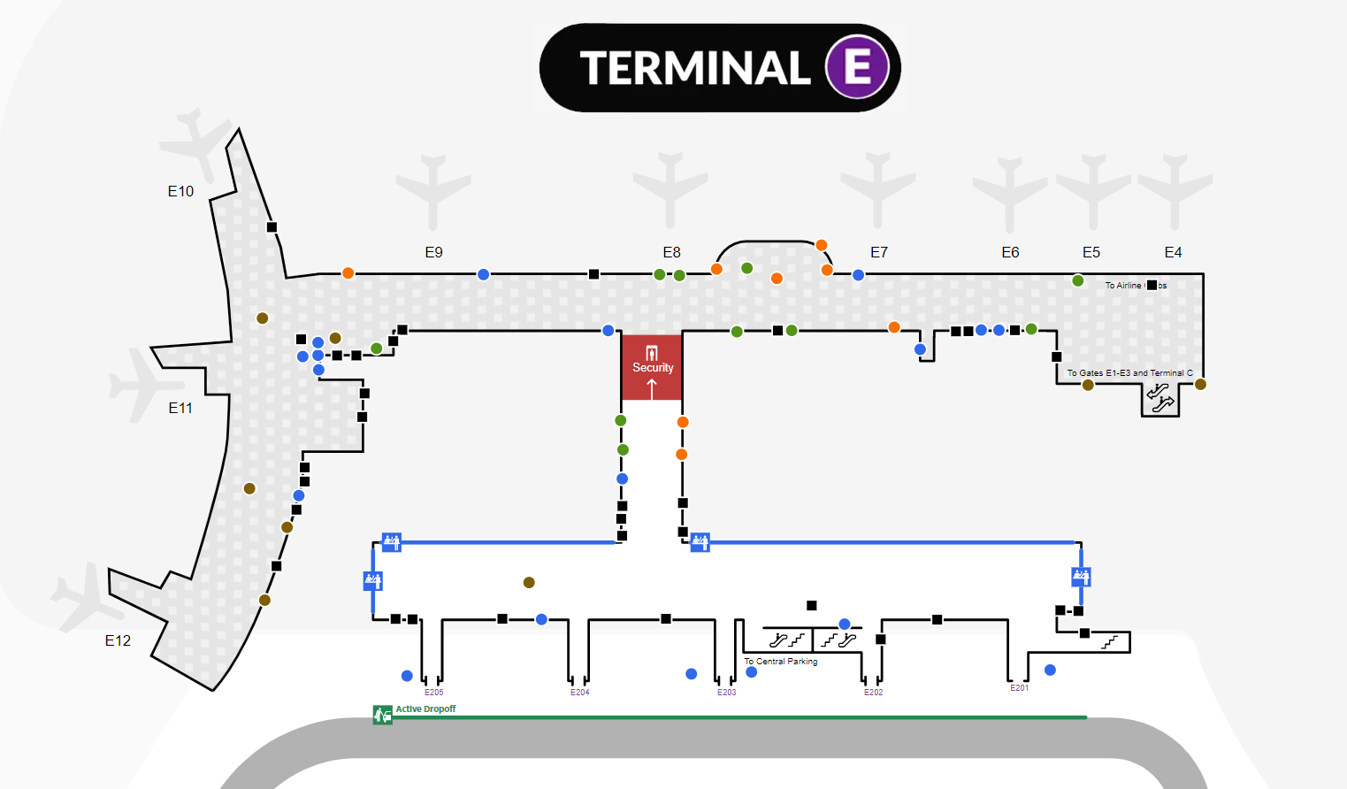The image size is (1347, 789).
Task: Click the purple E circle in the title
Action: click(856, 67)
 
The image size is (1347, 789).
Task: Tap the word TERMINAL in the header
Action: click(695, 68)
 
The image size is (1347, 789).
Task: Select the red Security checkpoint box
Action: click(652, 367)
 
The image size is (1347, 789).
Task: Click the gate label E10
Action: click(180, 191)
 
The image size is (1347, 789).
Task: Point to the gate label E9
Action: click(433, 252)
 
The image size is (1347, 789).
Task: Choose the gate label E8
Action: click(671, 252)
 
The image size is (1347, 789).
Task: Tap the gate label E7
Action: click(878, 252)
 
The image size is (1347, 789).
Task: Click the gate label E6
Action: click(1010, 252)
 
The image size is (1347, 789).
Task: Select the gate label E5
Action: click(1091, 252)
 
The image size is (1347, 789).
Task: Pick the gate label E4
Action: click(1173, 252)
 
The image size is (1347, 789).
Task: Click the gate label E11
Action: click(180, 408)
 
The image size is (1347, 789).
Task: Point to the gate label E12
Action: click(118, 640)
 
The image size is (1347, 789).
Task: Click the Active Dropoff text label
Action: click(425, 709)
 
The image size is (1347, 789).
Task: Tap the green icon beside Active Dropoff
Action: click(382, 714)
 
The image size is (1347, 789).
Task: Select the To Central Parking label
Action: click(780, 661)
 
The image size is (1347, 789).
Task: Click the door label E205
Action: click(433, 693)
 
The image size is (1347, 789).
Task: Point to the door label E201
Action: click(1019, 688)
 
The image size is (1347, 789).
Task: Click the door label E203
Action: click(726, 693)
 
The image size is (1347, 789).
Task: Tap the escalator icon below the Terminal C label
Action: click(1160, 398)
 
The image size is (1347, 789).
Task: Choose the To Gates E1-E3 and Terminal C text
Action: click(1129, 373)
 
